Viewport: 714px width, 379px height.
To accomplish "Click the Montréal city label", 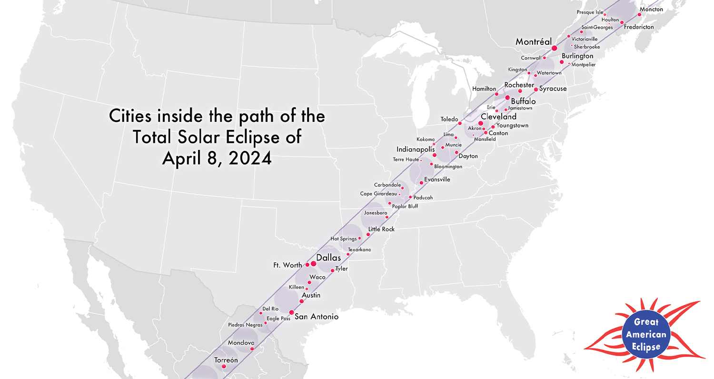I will click(x=533, y=42).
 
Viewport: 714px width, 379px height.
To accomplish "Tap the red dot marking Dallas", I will click(x=313, y=264).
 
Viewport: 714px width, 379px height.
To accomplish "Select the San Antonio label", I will click(x=317, y=317).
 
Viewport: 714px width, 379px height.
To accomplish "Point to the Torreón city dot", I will click(x=224, y=366).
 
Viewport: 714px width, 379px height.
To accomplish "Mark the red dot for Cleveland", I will click(x=481, y=123).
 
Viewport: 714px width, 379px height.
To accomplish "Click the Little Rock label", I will click(x=381, y=229).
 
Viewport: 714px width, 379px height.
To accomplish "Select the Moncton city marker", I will click(x=639, y=15).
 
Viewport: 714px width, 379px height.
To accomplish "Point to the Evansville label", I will click(x=437, y=180).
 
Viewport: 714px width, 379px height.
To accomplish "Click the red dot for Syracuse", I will click(x=535, y=90).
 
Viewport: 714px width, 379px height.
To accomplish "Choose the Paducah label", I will click(x=424, y=198).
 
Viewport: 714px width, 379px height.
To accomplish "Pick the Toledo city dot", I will click(x=460, y=123).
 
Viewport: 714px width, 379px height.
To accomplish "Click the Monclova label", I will click(x=241, y=343).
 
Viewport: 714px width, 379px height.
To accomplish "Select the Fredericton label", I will click(x=639, y=28).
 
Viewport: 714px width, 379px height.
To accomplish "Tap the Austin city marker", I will click(x=301, y=301).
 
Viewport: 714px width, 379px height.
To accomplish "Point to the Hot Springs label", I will click(x=344, y=239).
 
